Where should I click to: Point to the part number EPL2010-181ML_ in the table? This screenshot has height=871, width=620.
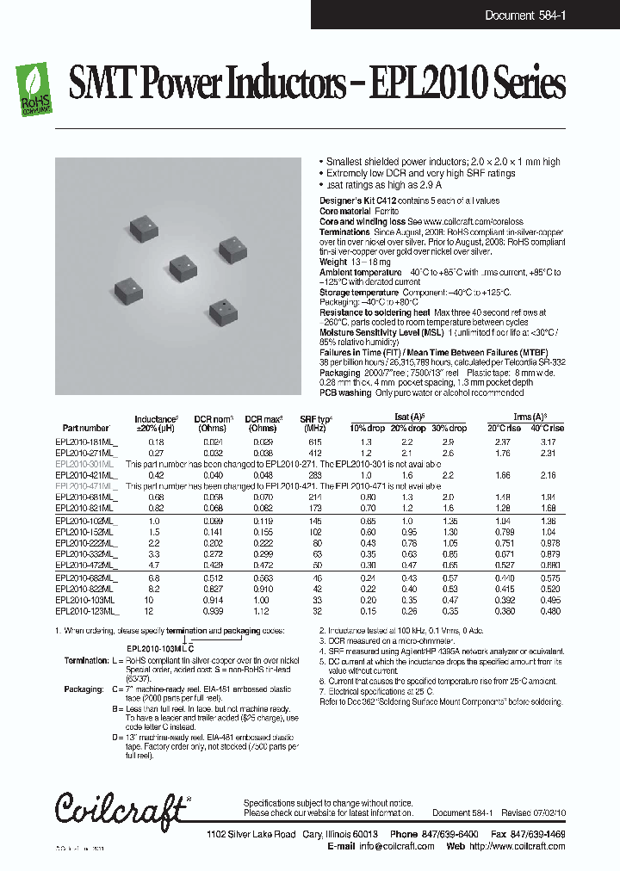(x=87, y=441)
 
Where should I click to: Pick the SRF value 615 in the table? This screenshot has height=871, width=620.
(x=316, y=441)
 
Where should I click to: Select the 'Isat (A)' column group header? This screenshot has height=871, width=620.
(x=408, y=417)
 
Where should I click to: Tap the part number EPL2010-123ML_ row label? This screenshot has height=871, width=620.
(x=87, y=610)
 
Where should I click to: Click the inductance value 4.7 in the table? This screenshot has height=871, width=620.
(x=156, y=565)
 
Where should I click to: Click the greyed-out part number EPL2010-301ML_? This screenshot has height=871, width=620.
(x=87, y=463)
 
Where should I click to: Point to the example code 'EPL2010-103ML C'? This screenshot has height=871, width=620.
(x=160, y=646)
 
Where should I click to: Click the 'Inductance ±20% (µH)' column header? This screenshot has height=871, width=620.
(x=156, y=423)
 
